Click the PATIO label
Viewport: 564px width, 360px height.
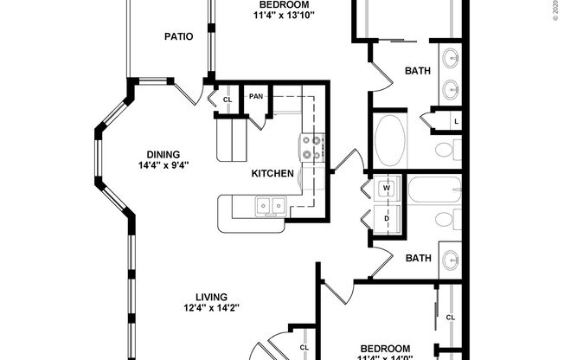(178, 36)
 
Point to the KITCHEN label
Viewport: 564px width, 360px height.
(272, 173)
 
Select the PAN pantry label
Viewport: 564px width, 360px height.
(256, 97)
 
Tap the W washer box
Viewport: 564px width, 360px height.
(387, 188)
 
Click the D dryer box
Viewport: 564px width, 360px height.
(387, 218)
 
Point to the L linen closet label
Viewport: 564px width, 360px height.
(456, 121)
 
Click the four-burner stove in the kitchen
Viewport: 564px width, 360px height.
(311, 147)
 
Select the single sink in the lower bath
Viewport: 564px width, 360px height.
(451, 257)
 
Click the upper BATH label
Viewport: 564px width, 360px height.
(419, 71)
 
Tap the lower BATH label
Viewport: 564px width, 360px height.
(419, 258)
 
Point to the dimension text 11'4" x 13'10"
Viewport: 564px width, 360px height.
(284, 15)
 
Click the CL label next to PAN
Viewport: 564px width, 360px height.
(228, 100)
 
